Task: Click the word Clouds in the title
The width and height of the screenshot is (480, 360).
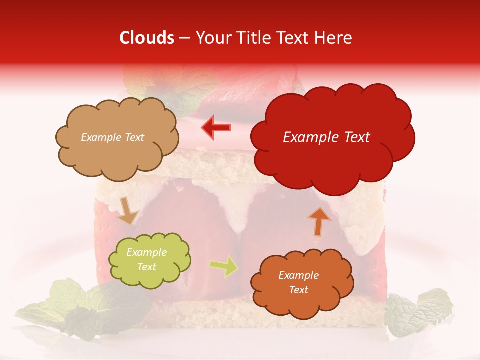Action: [x=147, y=38]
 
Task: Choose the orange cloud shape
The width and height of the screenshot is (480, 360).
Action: [x=302, y=305]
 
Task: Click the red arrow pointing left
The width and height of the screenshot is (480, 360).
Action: [x=216, y=127]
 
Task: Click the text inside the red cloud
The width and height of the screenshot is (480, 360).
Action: [x=326, y=137]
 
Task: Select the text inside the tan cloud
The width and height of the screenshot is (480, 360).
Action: [x=112, y=137]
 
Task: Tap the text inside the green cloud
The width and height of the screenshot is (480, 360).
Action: [x=146, y=260]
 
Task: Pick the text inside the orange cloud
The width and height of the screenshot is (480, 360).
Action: [x=298, y=282]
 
